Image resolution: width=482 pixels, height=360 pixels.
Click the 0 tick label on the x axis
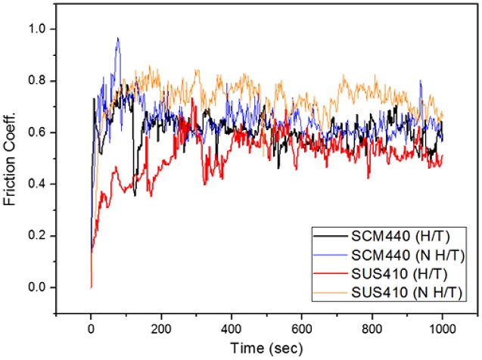[91, 329]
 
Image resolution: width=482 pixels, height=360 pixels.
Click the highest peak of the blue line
[117, 38]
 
